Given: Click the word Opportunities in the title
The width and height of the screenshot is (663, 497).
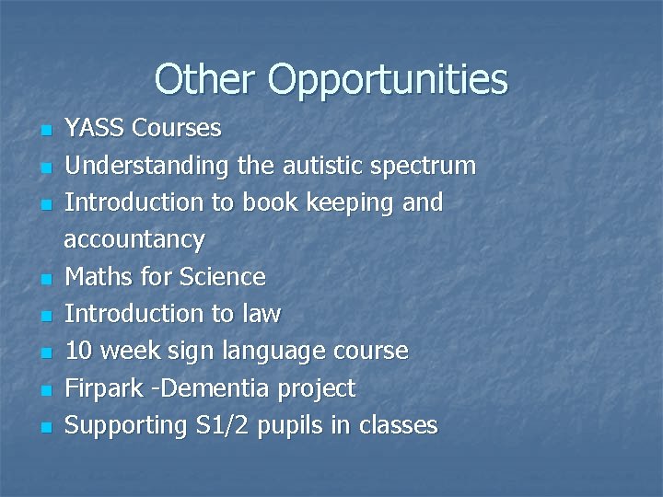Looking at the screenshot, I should pyautogui.click(x=388, y=81).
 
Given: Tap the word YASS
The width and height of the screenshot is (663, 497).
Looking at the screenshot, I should pyautogui.click(x=97, y=128).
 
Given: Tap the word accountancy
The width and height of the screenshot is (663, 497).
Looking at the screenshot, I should pyautogui.click(x=134, y=241).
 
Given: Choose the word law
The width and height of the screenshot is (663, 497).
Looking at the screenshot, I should pyautogui.click(x=261, y=314).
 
